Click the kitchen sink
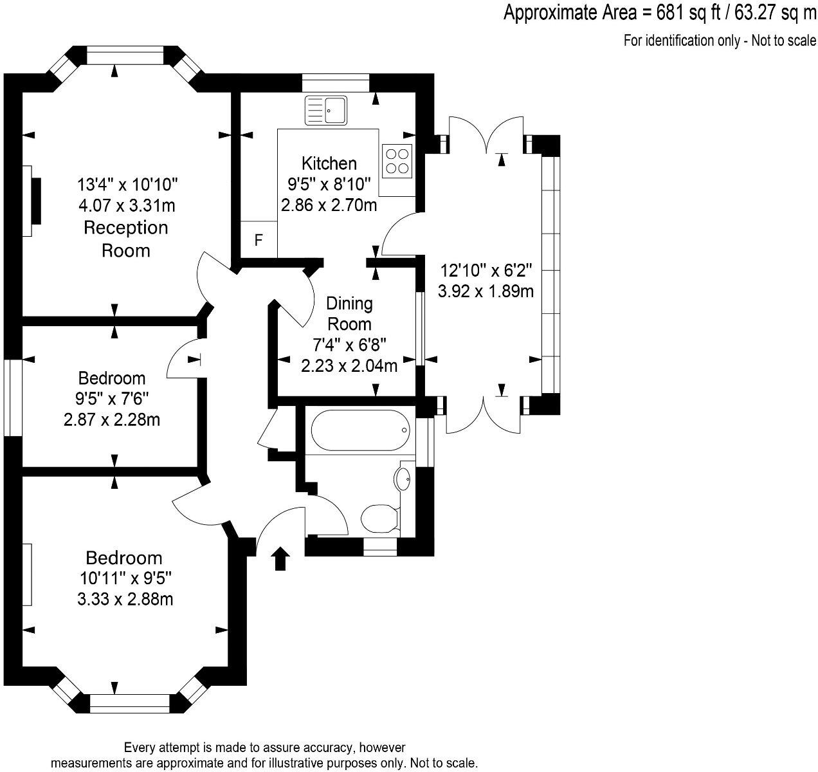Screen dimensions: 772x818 (326, 109)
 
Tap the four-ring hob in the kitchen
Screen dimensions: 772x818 (397, 161)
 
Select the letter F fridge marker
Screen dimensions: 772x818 (259, 241)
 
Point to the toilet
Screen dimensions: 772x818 (379, 518)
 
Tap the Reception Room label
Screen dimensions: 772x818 (126, 239)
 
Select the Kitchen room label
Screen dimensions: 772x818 (329, 163)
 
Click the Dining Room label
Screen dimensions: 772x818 (349, 313)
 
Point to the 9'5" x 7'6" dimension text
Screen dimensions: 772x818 (112, 399)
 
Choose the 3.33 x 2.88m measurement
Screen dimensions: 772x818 (125, 600)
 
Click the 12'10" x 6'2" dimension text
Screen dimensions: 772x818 (486, 270)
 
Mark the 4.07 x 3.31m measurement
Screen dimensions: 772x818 (127, 206)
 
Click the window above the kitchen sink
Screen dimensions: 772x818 (336, 82)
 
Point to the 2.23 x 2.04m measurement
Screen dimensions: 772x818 (349, 366)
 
